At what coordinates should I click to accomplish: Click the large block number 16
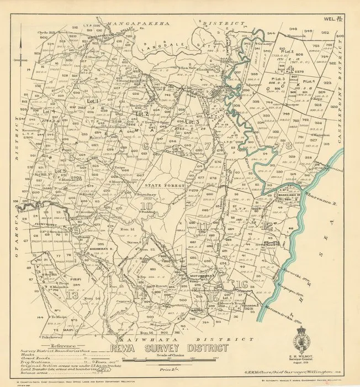241,284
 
